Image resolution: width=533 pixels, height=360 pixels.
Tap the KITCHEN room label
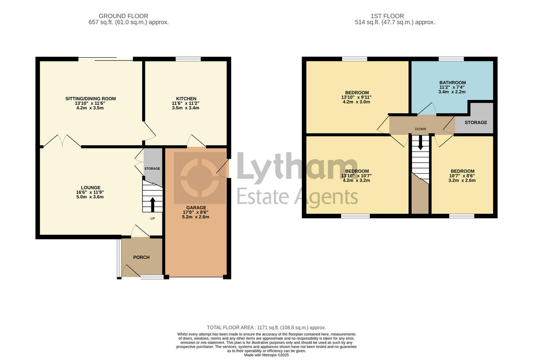point(186,99)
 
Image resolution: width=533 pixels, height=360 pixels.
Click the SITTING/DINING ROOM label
point(90,99)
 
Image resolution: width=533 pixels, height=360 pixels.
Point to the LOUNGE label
point(91,188)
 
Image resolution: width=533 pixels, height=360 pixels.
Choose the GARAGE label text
point(196,208)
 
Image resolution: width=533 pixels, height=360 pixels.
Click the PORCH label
point(142,257)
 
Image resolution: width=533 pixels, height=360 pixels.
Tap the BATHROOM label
point(452,83)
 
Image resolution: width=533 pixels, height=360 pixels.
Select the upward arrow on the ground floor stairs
point(152,205)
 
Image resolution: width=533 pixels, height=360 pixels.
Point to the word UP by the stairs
point(152,219)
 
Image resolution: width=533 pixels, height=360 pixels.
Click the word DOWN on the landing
point(420,129)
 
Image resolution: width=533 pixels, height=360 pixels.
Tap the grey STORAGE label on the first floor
point(476,123)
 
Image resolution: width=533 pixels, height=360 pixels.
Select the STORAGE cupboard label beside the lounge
point(152,169)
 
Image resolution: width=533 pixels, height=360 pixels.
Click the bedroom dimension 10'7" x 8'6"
point(462,176)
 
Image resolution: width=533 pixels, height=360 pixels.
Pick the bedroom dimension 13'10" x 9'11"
point(357,97)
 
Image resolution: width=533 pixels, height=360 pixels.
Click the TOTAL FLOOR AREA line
point(266,327)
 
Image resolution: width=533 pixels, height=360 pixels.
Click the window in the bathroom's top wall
point(451,59)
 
